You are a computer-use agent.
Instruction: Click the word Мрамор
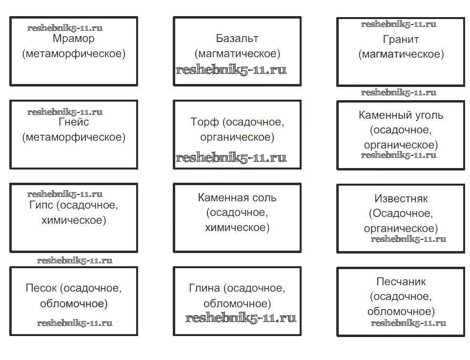(73, 39)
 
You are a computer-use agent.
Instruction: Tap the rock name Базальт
(237, 38)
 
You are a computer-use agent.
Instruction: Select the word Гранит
(401, 39)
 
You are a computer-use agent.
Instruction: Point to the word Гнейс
(74, 122)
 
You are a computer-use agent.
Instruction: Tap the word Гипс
(41, 205)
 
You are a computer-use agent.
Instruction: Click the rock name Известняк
(401, 199)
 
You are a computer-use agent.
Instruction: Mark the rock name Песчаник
(401, 282)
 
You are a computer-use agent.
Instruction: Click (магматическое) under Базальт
(237, 53)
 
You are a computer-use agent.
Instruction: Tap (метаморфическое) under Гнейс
(74, 137)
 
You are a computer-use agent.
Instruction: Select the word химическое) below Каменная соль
(237, 227)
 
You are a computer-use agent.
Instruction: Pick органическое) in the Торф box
(237, 137)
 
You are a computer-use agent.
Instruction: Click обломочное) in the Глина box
(237, 304)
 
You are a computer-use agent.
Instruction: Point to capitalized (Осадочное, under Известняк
(401, 213)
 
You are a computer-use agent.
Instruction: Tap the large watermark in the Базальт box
(231, 70)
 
